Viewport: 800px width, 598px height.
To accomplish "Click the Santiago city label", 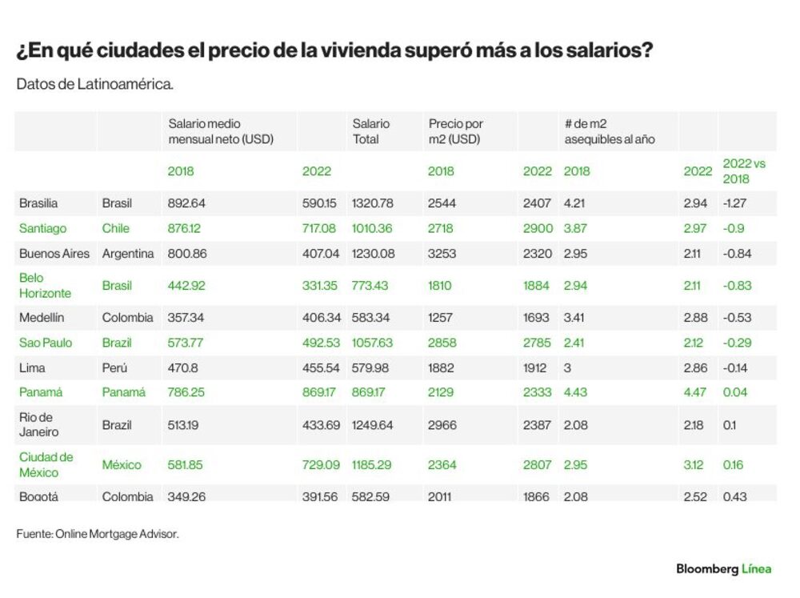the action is pyautogui.click(x=43, y=228).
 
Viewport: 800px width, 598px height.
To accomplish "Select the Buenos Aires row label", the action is pyautogui.click(x=54, y=253).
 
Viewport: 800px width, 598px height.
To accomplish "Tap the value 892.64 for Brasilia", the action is pyautogui.click(x=186, y=203).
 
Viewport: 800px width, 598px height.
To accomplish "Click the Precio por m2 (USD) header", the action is pyautogui.click(x=456, y=131).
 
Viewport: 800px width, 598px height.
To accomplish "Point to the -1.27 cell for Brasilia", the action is pyautogui.click(x=734, y=203).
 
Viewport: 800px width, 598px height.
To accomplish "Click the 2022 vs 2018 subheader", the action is pyautogui.click(x=744, y=171).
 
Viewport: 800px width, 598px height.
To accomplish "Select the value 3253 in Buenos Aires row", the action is pyautogui.click(x=442, y=253).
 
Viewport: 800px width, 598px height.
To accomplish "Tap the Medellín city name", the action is pyautogui.click(x=42, y=317).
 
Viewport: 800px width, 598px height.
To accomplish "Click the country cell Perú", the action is pyautogui.click(x=114, y=367).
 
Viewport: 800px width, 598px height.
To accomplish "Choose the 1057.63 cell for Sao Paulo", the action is pyautogui.click(x=372, y=343).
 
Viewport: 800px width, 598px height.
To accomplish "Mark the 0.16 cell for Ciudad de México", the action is pyautogui.click(x=733, y=465).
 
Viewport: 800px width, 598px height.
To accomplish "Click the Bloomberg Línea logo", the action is pyautogui.click(x=723, y=569).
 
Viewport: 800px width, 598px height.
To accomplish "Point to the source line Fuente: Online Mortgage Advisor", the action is pyautogui.click(x=98, y=534).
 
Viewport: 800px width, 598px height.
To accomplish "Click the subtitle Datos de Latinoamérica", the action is pyautogui.click(x=95, y=84).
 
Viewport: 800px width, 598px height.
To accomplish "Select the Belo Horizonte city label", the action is pyautogui.click(x=45, y=286).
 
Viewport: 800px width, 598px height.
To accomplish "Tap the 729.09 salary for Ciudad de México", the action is pyautogui.click(x=321, y=465).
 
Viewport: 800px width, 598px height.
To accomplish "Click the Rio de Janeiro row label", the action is pyautogui.click(x=38, y=424).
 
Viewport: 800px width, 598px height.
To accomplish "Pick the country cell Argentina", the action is pyautogui.click(x=127, y=253).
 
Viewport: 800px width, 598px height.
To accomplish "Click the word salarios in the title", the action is pyautogui.click(x=610, y=50).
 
